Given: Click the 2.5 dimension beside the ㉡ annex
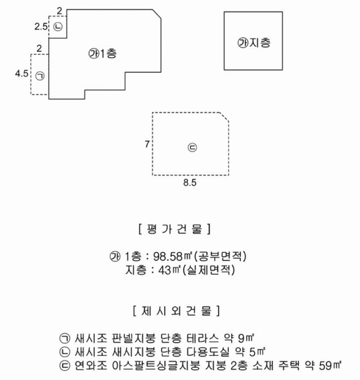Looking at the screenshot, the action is click(x=41, y=27).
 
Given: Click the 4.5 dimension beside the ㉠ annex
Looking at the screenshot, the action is click(x=22, y=73).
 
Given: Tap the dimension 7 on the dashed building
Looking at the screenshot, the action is click(x=147, y=144).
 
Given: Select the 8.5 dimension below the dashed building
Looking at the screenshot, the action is click(x=190, y=182).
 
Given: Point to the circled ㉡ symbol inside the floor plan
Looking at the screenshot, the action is click(x=58, y=27).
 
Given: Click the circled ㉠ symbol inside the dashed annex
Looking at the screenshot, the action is click(x=40, y=76).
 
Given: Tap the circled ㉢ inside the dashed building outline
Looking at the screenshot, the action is click(x=193, y=148).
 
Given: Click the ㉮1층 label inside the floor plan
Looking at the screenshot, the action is click(x=103, y=54).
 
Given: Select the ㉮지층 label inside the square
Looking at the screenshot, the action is click(x=254, y=43).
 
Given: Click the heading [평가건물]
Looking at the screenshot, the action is click(x=174, y=229).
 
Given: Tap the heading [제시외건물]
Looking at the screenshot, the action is click(x=177, y=311).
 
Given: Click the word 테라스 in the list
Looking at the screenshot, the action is click(x=203, y=338).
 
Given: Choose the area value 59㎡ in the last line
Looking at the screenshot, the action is click(x=330, y=365).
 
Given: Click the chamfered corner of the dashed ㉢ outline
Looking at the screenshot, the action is click(x=224, y=117).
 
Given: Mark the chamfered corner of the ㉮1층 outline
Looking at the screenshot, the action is click(x=157, y=14).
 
